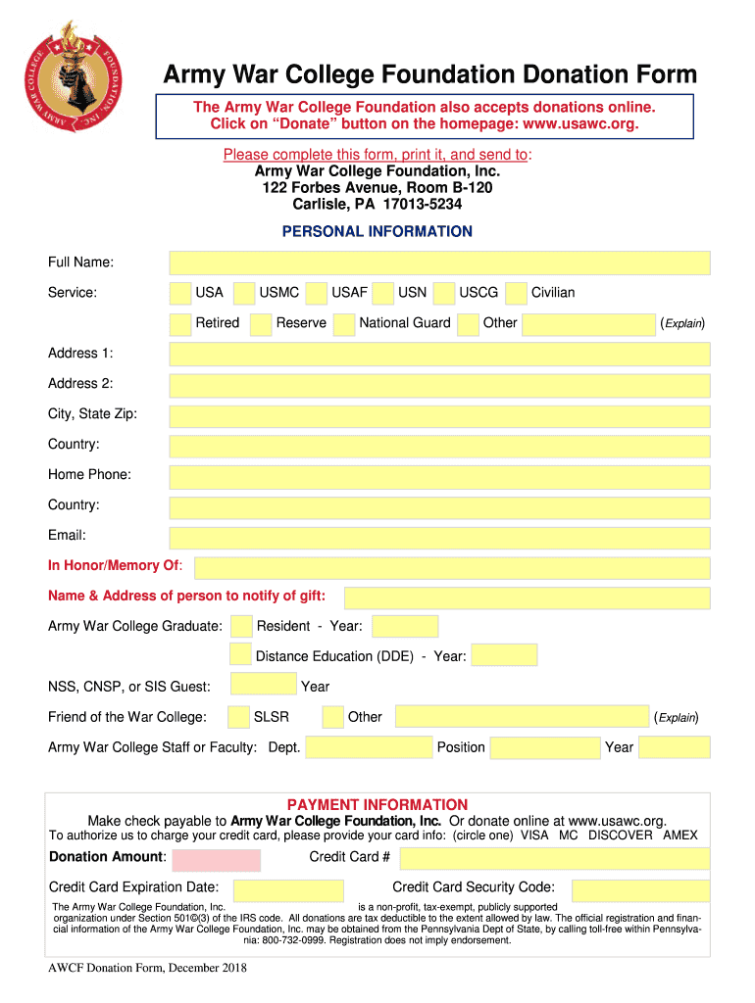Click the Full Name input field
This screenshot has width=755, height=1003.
(x=439, y=263)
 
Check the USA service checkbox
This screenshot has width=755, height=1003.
(x=180, y=293)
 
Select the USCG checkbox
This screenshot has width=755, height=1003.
(x=444, y=293)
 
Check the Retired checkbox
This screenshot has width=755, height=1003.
(x=180, y=323)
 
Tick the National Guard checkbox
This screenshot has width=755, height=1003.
(x=344, y=323)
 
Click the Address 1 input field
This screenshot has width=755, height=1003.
(x=439, y=354)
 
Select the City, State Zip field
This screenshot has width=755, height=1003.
(x=439, y=415)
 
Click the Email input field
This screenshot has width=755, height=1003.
(x=439, y=537)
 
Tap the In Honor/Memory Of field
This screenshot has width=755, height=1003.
(x=452, y=567)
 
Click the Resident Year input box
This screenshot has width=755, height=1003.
(x=405, y=626)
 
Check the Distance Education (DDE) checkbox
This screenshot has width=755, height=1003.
(x=240, y=655)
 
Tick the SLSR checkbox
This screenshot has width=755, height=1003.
(x=238, y=717)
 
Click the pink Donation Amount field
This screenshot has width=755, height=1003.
(x=217, y=860)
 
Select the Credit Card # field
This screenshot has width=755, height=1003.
(x=554, y=858)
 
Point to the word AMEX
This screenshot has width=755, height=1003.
(x=680, y=836)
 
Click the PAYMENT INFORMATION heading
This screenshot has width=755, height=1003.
(x=377, y=804)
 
